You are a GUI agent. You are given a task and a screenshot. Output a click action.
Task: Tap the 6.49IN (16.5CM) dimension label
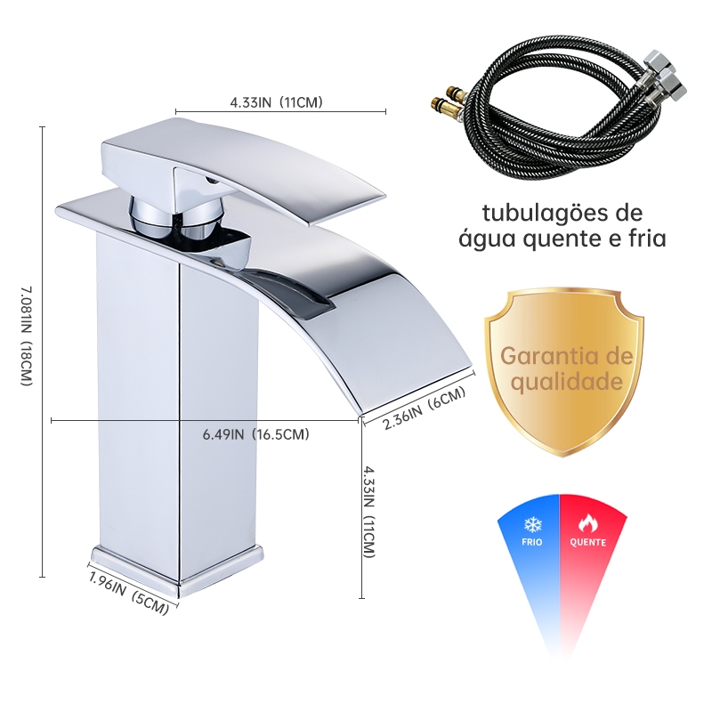coord(255,434)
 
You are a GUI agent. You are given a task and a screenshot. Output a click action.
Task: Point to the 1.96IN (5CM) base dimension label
coord(129,591)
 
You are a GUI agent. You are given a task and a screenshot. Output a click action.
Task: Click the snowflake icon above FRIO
coord(533,524)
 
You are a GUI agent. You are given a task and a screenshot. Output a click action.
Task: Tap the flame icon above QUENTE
coord(587,524)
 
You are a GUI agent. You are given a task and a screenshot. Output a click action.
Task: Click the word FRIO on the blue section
coord(532,542)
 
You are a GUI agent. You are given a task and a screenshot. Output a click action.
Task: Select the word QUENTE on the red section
coord(588,542)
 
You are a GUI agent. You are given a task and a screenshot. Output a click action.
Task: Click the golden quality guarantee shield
coord(563,371)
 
